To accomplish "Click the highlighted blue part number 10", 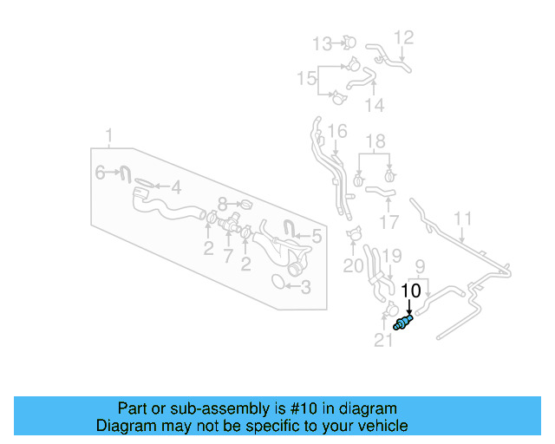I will coord(402,324).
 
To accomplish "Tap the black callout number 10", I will coord(411,291).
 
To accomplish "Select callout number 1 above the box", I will coord(109,135).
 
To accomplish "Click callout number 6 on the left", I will coord(101,173).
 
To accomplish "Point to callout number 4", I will coord(175,186).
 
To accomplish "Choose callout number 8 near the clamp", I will coord(223,204).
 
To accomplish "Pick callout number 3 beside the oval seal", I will coord(305,286).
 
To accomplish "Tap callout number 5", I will coord(317,235).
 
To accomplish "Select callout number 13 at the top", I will coord(322,42).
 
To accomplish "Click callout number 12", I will coord(404,37).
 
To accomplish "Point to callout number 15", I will coord(306,80).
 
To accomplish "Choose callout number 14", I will coord(374,106).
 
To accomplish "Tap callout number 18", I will coord(375,141).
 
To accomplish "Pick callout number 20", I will coord(353,266).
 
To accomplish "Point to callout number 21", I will coord(383,342).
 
